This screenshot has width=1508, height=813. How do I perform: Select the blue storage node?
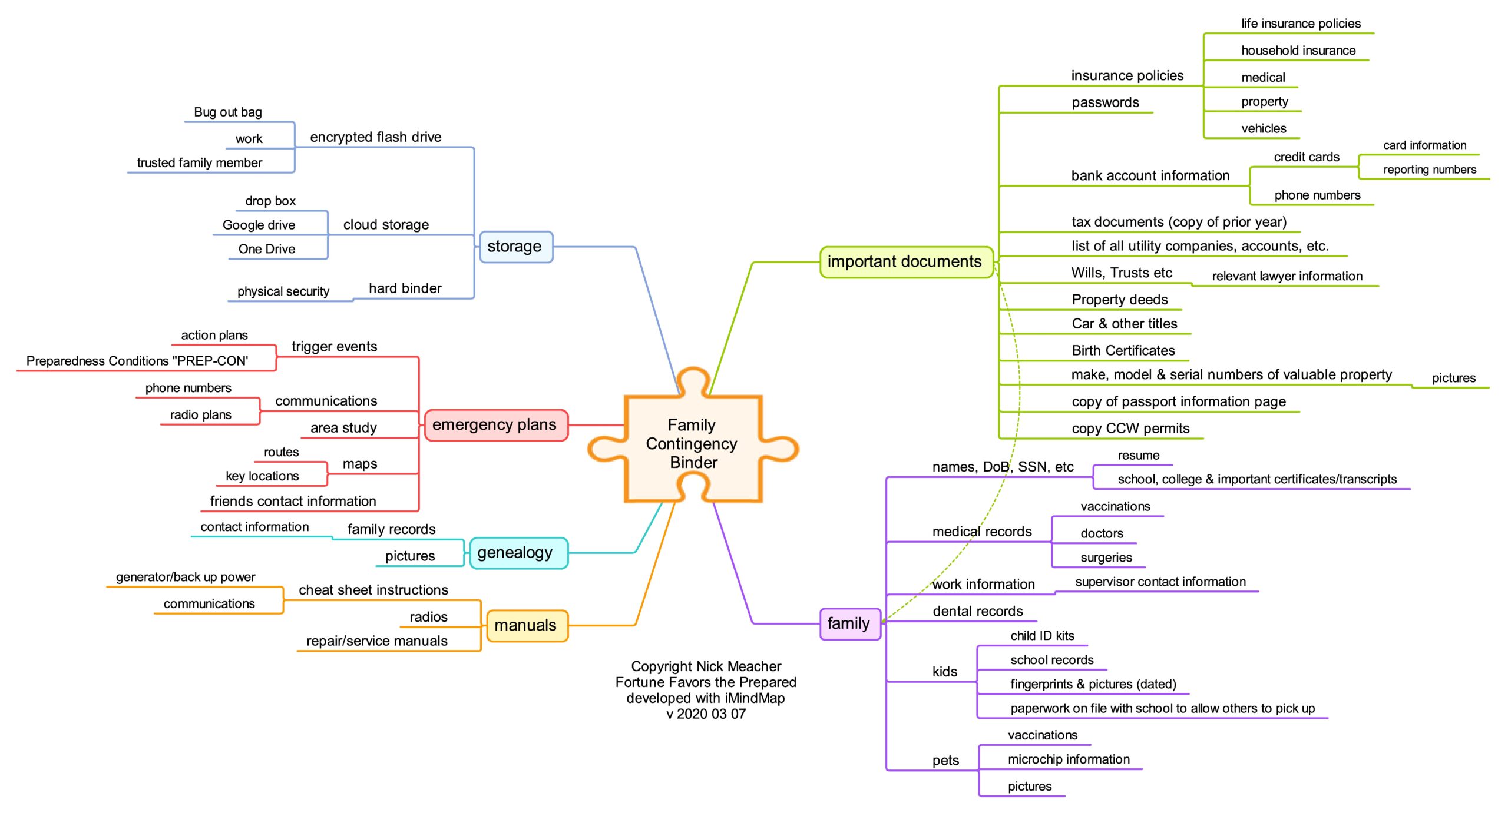[x=516, y=247]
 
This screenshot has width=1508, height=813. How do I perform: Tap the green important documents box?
[x=906, y=262]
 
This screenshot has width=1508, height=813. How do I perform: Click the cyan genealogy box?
[x=518, y=553]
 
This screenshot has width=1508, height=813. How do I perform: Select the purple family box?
[x=850, y=623]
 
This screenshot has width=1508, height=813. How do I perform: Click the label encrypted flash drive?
[x=376, y=137]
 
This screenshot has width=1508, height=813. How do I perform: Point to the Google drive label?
[x=259, y=225]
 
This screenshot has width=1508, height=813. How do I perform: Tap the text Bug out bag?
[x=228, y=112]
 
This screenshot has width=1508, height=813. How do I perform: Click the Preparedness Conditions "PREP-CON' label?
[x=137, y=361]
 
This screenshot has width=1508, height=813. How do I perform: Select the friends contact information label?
[x=293, y=501]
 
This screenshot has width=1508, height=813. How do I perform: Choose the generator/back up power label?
[x=186, y=577]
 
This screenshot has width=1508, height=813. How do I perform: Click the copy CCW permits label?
[x=1130, y=429]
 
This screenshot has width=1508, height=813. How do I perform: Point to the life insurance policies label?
[x=1301, y=24]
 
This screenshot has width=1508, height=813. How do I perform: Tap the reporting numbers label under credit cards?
[x=1430, y=170]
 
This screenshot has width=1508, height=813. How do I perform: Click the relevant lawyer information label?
[x=1287, y=276]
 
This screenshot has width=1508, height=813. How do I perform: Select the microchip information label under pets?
[x=1069, y=759]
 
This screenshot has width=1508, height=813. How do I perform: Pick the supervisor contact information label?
[x=1160, y=582]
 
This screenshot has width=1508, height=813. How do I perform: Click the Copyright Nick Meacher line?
[x=706, y=666]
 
